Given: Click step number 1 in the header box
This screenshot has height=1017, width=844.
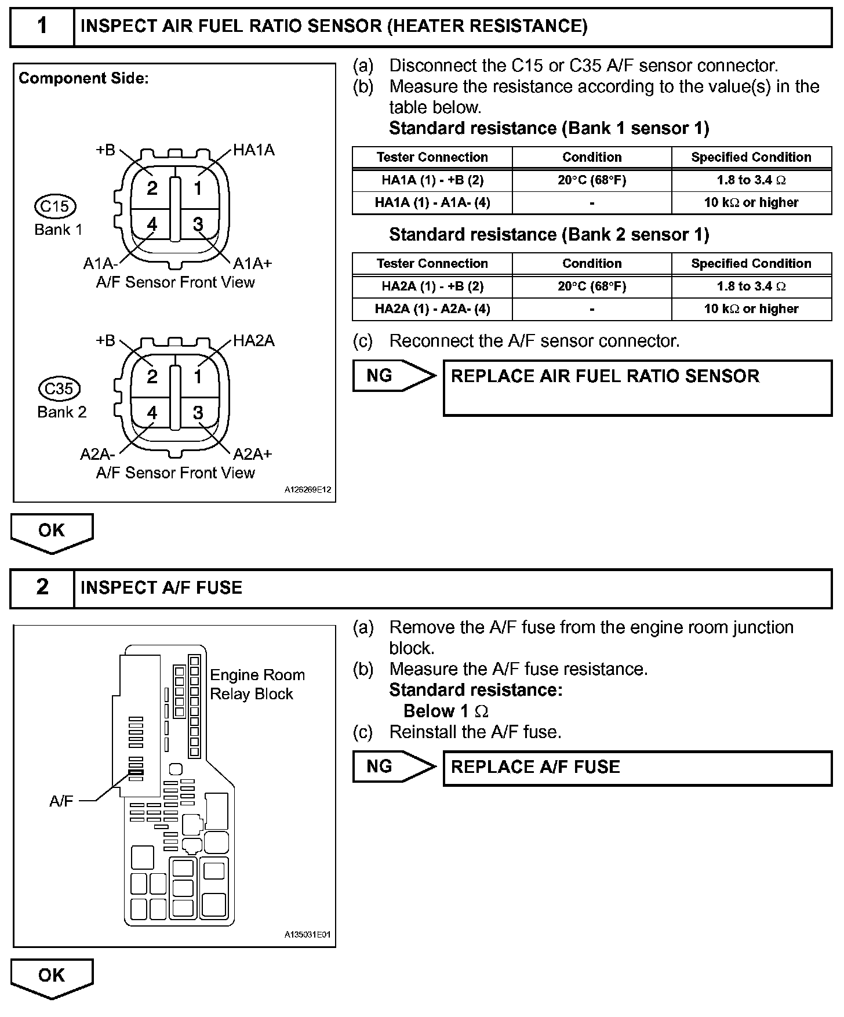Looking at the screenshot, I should pos(42,26).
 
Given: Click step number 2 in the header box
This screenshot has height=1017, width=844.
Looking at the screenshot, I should pos(42,587).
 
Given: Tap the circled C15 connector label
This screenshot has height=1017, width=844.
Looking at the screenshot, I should pos(56,206).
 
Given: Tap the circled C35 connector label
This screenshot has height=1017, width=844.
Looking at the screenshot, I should pos(59,388).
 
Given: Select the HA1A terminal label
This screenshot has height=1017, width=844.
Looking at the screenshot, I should pos(254,151).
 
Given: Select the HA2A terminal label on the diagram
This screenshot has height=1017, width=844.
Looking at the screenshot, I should pos(254,341).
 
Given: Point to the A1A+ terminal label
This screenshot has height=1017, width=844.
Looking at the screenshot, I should pos(252,264).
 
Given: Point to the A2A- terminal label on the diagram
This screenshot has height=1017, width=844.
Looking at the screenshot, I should pos(97,454).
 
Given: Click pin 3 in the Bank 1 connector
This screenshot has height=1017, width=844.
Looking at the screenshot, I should pos(198,224).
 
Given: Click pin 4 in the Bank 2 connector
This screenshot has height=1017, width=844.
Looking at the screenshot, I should pos(152,413).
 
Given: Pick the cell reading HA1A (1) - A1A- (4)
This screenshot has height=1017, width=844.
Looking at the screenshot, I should pos(432,203).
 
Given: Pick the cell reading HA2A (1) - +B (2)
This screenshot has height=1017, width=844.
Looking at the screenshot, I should pos(432,286).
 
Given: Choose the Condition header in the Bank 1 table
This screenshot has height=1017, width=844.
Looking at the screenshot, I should pos(592,157).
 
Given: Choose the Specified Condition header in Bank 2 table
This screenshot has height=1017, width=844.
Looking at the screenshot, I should pos(751,264).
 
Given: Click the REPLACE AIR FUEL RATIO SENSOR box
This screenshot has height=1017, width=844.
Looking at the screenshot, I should pos(637,387).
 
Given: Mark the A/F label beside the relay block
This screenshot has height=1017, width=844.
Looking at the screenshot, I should pos(61,801).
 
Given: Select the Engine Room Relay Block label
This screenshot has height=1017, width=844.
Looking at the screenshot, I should pos(257,684).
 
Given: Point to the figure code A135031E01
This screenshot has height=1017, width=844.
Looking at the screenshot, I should pos(307,935).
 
